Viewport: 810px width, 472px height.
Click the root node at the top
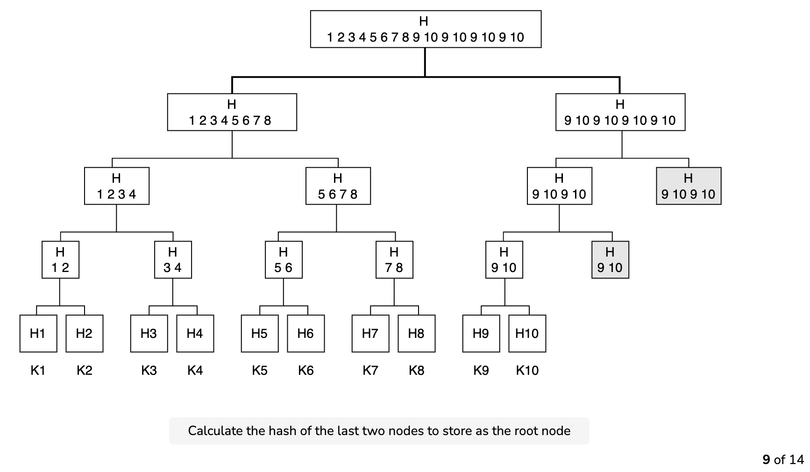click(x=426, y=29)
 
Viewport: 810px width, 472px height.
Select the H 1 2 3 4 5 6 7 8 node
click(x=232, y=112)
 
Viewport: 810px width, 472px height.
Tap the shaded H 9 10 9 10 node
click(x=689, y=186)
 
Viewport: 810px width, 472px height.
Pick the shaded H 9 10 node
click(x=610, y=260)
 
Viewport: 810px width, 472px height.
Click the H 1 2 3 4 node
click(x=117, y=186)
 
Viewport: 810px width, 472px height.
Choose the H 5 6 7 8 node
click(x=338, y=186)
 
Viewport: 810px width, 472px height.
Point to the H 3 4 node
click(x=173, y=260)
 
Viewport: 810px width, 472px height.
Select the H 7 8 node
click(x=394, y=260)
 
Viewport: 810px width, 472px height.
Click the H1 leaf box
click(x=38, y=334)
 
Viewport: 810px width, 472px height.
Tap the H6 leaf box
click(x=306, y=334)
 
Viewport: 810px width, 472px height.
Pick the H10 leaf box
click(x=527, y=334)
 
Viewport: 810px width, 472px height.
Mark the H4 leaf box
click(x=195, y=334)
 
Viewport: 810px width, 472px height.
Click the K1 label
click(x=38, y=371)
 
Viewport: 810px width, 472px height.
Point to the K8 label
click(x=416, y=371)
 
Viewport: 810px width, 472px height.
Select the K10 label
click(x=527, y=371)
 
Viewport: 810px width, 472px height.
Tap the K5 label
click(x=260, y=371)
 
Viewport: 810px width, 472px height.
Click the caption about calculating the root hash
click(x=379, y=431)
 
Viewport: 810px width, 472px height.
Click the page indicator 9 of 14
click(x=783, y=460)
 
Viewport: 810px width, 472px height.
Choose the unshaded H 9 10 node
click(x=504, y=260)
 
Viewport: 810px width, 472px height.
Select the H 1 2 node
click(x=60, y=260)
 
